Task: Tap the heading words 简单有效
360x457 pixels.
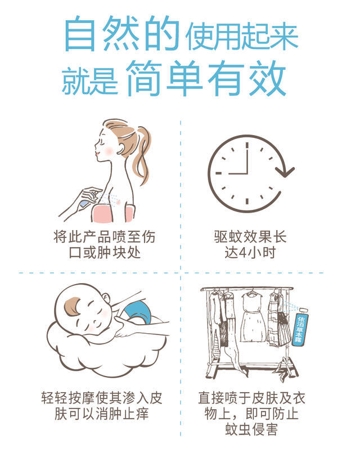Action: pyautogui.click(x=206, y=78)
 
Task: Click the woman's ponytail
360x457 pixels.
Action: pyautogui.click(x=143, y=154)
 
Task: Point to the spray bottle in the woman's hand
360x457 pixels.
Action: pyautogui.click(x=88, y=200)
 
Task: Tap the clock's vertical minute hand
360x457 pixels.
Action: pyautogui.click(x=247, y=158)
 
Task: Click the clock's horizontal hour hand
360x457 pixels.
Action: pyautogui.click(x=238, y=173)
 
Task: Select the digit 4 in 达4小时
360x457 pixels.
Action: pyautogui.click(x=242, y=253)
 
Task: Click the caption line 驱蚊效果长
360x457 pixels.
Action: pyautogui.click(x=250, y=236)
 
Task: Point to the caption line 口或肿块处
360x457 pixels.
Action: pyautogui.click(x=105, y=253)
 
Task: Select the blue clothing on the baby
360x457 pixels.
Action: pyautogui.click(x=138, y=312)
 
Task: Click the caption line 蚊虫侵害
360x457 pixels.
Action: pyautogui.click(x=251, y=429)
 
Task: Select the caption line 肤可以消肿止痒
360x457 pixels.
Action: pyautogui.click(x=101, y=414)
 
